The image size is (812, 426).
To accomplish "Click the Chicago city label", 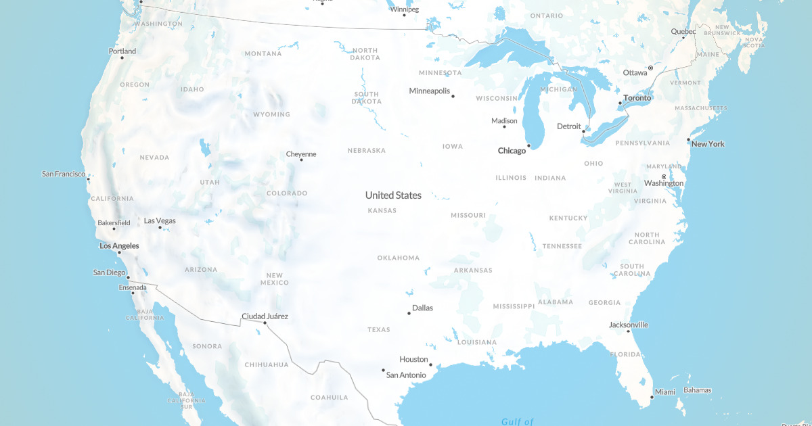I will [512, 151].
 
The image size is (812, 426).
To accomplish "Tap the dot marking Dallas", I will [409, 313].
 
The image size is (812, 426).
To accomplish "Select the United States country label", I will [393, 195].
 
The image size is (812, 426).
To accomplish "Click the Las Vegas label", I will [160, 220].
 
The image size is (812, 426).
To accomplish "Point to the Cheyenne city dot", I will [302, 160].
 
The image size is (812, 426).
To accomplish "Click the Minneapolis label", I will [430, 91].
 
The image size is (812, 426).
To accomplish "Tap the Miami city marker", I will [652, 397].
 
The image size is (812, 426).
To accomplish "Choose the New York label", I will [708, 144].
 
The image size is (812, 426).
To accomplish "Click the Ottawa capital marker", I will [650, 68].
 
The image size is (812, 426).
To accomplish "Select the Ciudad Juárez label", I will [265, 316].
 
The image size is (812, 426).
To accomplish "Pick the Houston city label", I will [413, 359].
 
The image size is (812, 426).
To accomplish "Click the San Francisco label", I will [64, 174].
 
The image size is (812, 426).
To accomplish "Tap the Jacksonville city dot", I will [629, 331].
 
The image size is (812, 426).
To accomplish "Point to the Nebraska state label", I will [366, 150].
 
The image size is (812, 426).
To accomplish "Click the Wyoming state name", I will [271, 114].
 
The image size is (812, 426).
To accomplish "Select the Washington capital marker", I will [664, 177].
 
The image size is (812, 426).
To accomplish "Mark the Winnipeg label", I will [405, 9].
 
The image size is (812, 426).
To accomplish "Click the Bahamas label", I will [697, 390].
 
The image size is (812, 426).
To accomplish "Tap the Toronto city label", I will [637, 98].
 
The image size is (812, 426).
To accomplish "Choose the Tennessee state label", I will [562, 246].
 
